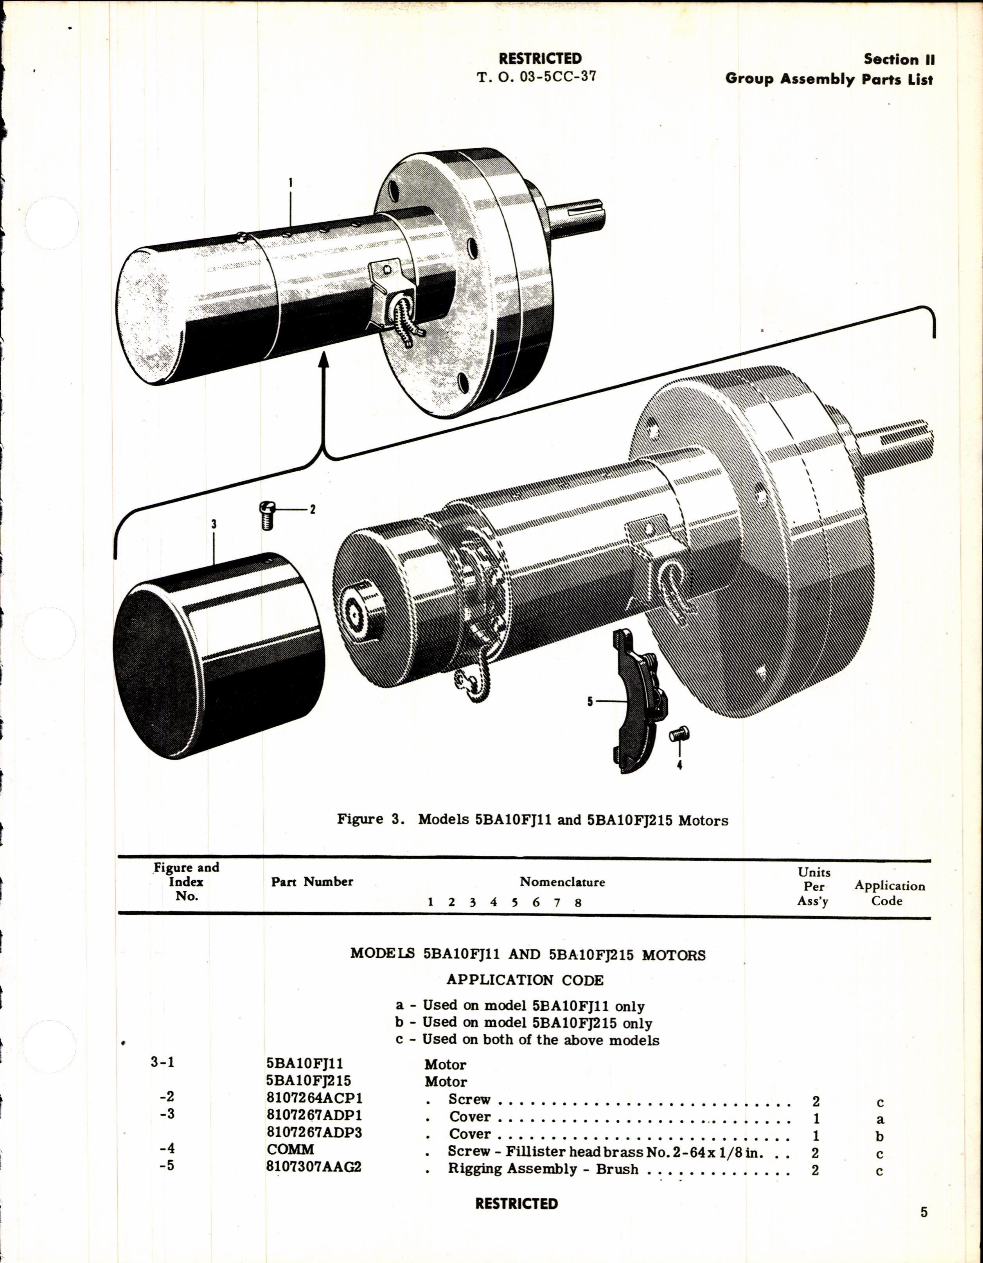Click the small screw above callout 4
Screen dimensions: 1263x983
(x=677, y=733)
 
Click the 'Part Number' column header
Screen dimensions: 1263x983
(x=312, y=881)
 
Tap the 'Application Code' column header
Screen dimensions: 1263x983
(x=889, y=893)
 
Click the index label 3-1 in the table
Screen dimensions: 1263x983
(x=163, y=1063)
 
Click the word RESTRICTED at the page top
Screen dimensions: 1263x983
(x=540, y=58)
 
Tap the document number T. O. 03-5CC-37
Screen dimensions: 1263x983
(x=536, y=77)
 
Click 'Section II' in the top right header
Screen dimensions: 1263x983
(x=899, y=59)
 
